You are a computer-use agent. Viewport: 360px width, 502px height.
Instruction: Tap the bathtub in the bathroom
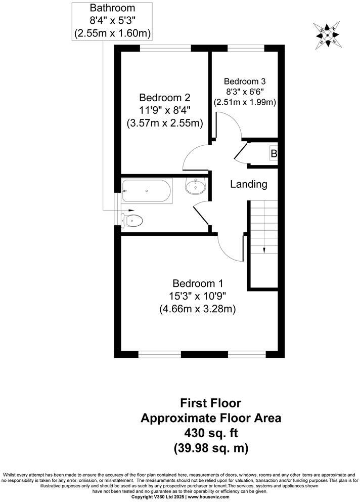(147, 191)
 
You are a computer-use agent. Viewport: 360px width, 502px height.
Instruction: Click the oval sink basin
(195, 187)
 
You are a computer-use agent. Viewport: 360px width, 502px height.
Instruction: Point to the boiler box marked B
(274, 153)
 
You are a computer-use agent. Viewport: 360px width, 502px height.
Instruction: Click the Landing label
(249, 184)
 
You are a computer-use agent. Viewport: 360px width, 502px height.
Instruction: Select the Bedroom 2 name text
(165, 97)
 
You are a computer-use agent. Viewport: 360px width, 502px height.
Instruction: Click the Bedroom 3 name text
(245, 81)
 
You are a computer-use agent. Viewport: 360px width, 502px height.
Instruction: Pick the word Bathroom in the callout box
(112, 8)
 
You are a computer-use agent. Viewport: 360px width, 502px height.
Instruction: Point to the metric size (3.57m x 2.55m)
(165, 122)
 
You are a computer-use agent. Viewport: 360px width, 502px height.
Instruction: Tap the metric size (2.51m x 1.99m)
(245, 102)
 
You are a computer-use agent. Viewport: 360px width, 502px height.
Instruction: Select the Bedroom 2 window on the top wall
(165, 49)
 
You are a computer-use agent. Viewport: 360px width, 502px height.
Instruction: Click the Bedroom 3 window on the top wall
(246, 49)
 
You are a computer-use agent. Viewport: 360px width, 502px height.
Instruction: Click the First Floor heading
(211, 403)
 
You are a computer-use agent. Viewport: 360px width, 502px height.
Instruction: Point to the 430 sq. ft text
(211, 433)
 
